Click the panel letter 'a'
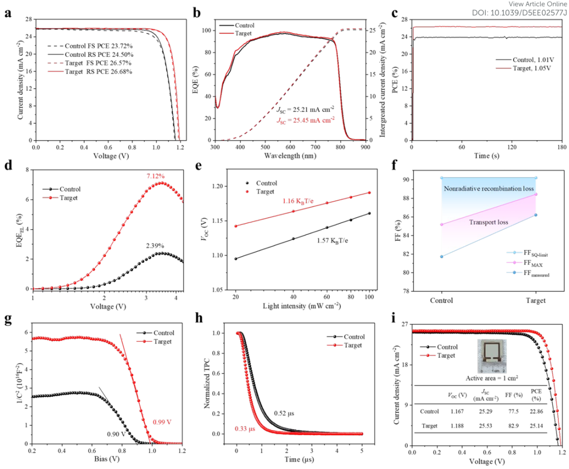pyautogui.click(x=7, y=14)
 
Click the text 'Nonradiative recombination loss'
pyautogui.click(x=488, y=188)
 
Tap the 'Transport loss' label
pyautogui.click(x=489, y=222)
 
